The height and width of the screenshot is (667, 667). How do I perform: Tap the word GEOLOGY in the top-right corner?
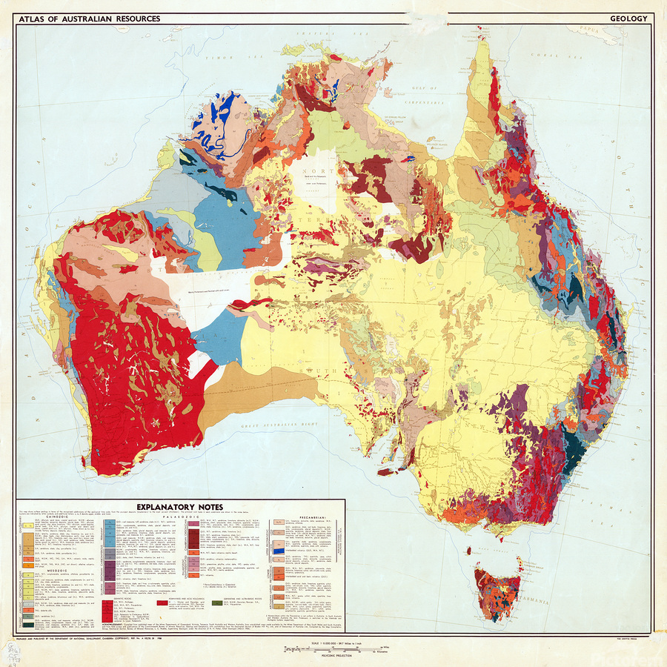tap(628, 19)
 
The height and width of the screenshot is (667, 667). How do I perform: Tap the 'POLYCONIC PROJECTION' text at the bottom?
tap(333, 655)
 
